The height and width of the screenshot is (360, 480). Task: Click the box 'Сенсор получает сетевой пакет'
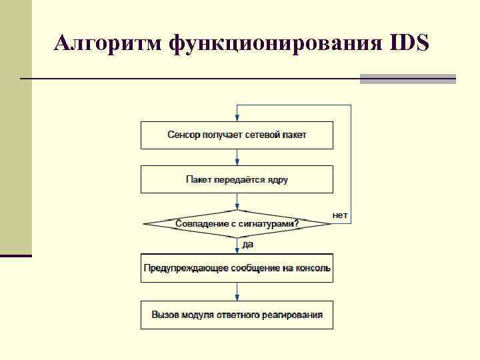[237, 135]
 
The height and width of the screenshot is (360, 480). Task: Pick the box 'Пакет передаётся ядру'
[237, 179]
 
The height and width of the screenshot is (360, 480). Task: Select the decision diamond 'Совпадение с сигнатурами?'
[237, 224]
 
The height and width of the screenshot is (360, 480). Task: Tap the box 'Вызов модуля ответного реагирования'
[237, 315]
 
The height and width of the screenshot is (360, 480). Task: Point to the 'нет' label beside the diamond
[340, 215]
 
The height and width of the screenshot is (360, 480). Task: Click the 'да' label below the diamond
[247, 245]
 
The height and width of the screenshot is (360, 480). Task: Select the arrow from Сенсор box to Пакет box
[237, 157]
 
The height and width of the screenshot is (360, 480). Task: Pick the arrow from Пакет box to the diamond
[237, 201]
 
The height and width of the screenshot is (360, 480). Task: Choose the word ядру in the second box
[277, 179]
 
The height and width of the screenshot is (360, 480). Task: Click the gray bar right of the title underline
[407, 79]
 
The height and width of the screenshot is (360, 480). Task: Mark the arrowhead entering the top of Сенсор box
[237, 117]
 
